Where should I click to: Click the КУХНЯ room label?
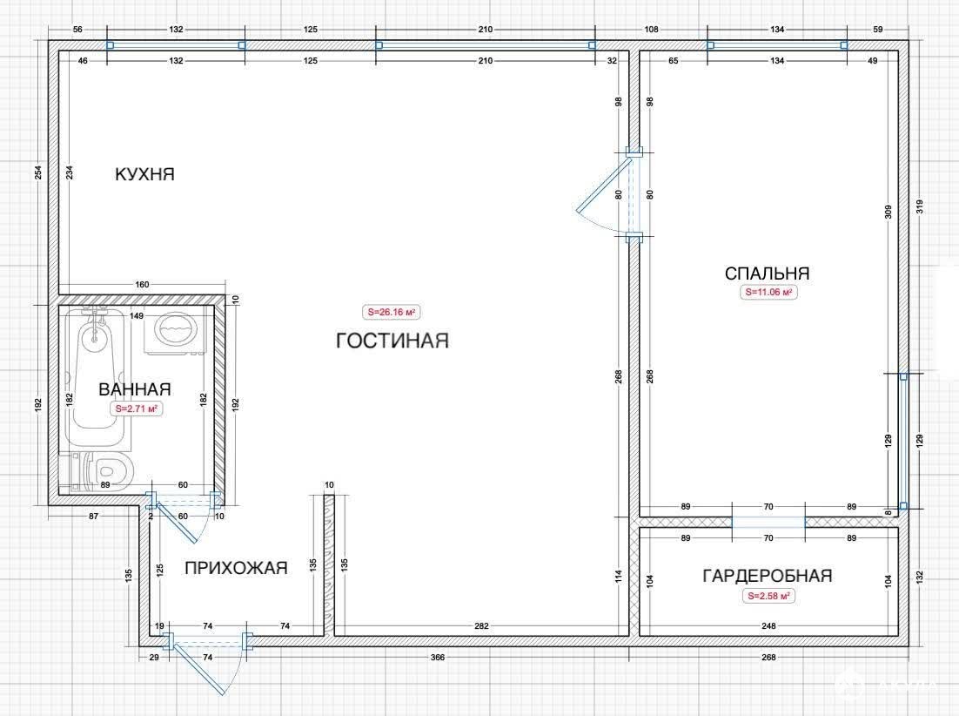(x=145, y=174)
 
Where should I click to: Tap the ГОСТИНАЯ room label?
(x=392, y=341)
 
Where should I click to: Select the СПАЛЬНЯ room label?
(x=767, y=273)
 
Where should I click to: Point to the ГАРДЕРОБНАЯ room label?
(x=768, y=576)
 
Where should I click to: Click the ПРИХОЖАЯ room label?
(x=236, y=568)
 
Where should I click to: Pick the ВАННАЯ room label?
(x=135, y=389)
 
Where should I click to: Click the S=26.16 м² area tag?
(x=392, y=312)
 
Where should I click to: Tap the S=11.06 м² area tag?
(x=768, y=293)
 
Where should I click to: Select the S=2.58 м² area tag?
(x=768, y=596)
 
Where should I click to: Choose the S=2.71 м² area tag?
(x=137, y=409)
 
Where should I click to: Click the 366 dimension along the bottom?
(x=438, y=658)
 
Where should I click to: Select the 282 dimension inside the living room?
(x=481, y=626)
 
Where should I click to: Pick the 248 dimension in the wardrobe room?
(x=768, y=626)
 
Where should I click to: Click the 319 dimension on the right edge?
(x=920, y=206)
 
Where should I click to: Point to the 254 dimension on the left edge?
(x=38, y=173)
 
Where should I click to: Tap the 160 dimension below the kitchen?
(x=142, y=285)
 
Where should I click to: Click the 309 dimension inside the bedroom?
(x=888, y=212)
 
